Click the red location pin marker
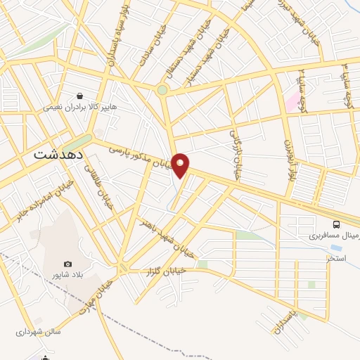[x=181, y=165]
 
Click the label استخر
[x=335, y=260]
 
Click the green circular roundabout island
[x=162, y=90]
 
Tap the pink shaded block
[x=291, y=102]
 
